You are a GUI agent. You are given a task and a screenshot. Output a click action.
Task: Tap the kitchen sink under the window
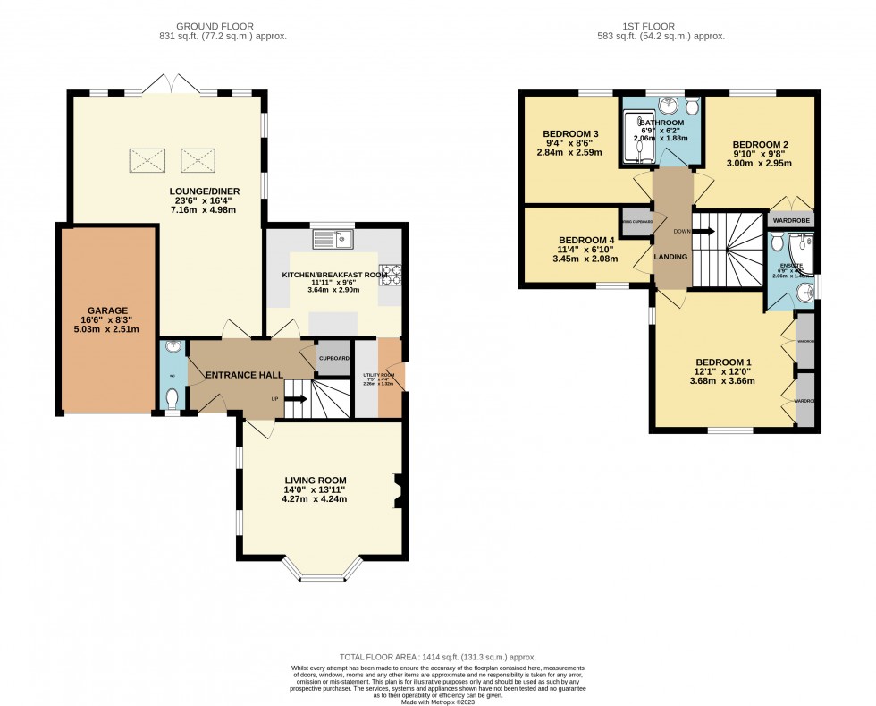[332, 240]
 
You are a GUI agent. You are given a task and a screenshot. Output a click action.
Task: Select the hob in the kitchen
[391, 275]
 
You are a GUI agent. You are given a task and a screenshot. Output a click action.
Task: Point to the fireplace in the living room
[396, 491]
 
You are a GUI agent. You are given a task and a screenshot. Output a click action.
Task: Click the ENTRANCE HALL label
[245, 375]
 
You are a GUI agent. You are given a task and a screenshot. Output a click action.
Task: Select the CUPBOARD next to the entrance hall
[333, 359]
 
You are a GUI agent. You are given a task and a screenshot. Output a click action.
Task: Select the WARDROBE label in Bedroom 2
[792, 218]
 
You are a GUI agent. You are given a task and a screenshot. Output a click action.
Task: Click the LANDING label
[670, 258]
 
